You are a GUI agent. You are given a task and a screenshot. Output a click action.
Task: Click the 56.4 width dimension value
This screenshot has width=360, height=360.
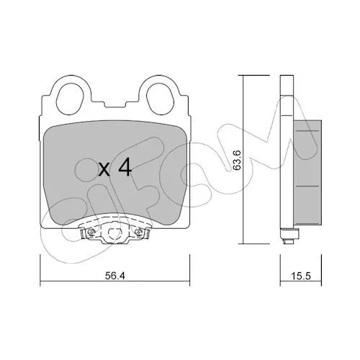[x=115, y=276]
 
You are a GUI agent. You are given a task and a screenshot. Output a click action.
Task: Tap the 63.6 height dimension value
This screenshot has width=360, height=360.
[x=237, y=161]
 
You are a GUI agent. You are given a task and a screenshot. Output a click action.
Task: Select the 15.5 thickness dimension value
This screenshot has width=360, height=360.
[x=301, y=276]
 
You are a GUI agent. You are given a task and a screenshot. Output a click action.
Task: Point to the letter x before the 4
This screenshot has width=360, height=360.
[x=104, y=169]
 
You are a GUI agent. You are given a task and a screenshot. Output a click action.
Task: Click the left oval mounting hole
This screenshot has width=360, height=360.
[x=69, y=99]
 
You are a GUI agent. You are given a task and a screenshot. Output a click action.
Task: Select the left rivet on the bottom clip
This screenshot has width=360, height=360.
[x=91, y=232]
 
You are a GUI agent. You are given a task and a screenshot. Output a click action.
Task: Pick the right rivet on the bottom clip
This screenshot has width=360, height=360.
[x=139, y=232]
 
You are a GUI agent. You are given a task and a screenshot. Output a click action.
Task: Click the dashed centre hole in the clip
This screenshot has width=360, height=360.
[x=114, y=233]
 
